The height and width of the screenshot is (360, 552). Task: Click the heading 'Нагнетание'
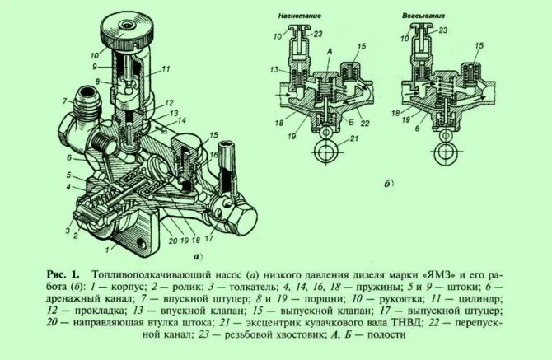click(x=300, y=16)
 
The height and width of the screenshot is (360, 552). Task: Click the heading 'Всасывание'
click(x=423, y=16)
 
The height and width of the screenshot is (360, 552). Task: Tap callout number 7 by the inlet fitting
click(x=65, y=101)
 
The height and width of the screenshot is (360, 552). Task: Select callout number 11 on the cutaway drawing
click(x=166, y=69)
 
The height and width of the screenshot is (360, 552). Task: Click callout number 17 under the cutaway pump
click(x=208, y=238)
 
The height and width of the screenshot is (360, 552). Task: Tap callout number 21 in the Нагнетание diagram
click(x=353, y=138)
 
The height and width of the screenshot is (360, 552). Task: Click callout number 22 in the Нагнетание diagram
click(x=365, y=123)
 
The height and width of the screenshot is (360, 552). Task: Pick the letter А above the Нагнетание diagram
click(x=330, y=51)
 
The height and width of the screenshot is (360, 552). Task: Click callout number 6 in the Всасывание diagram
click(x=417, y=129)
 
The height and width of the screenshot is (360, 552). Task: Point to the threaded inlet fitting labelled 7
click(x=87, y=102)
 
